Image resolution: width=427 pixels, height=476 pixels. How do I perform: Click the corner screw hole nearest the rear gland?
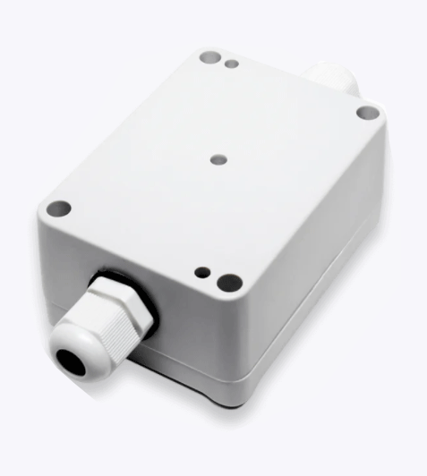(x=367, y=113)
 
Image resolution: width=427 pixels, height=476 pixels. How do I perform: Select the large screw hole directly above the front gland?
(x=58, y=209)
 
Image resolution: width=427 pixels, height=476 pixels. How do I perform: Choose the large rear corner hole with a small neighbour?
(x=211, y=57)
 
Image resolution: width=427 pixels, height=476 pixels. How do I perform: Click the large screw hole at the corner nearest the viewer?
(x=227, y=282)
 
